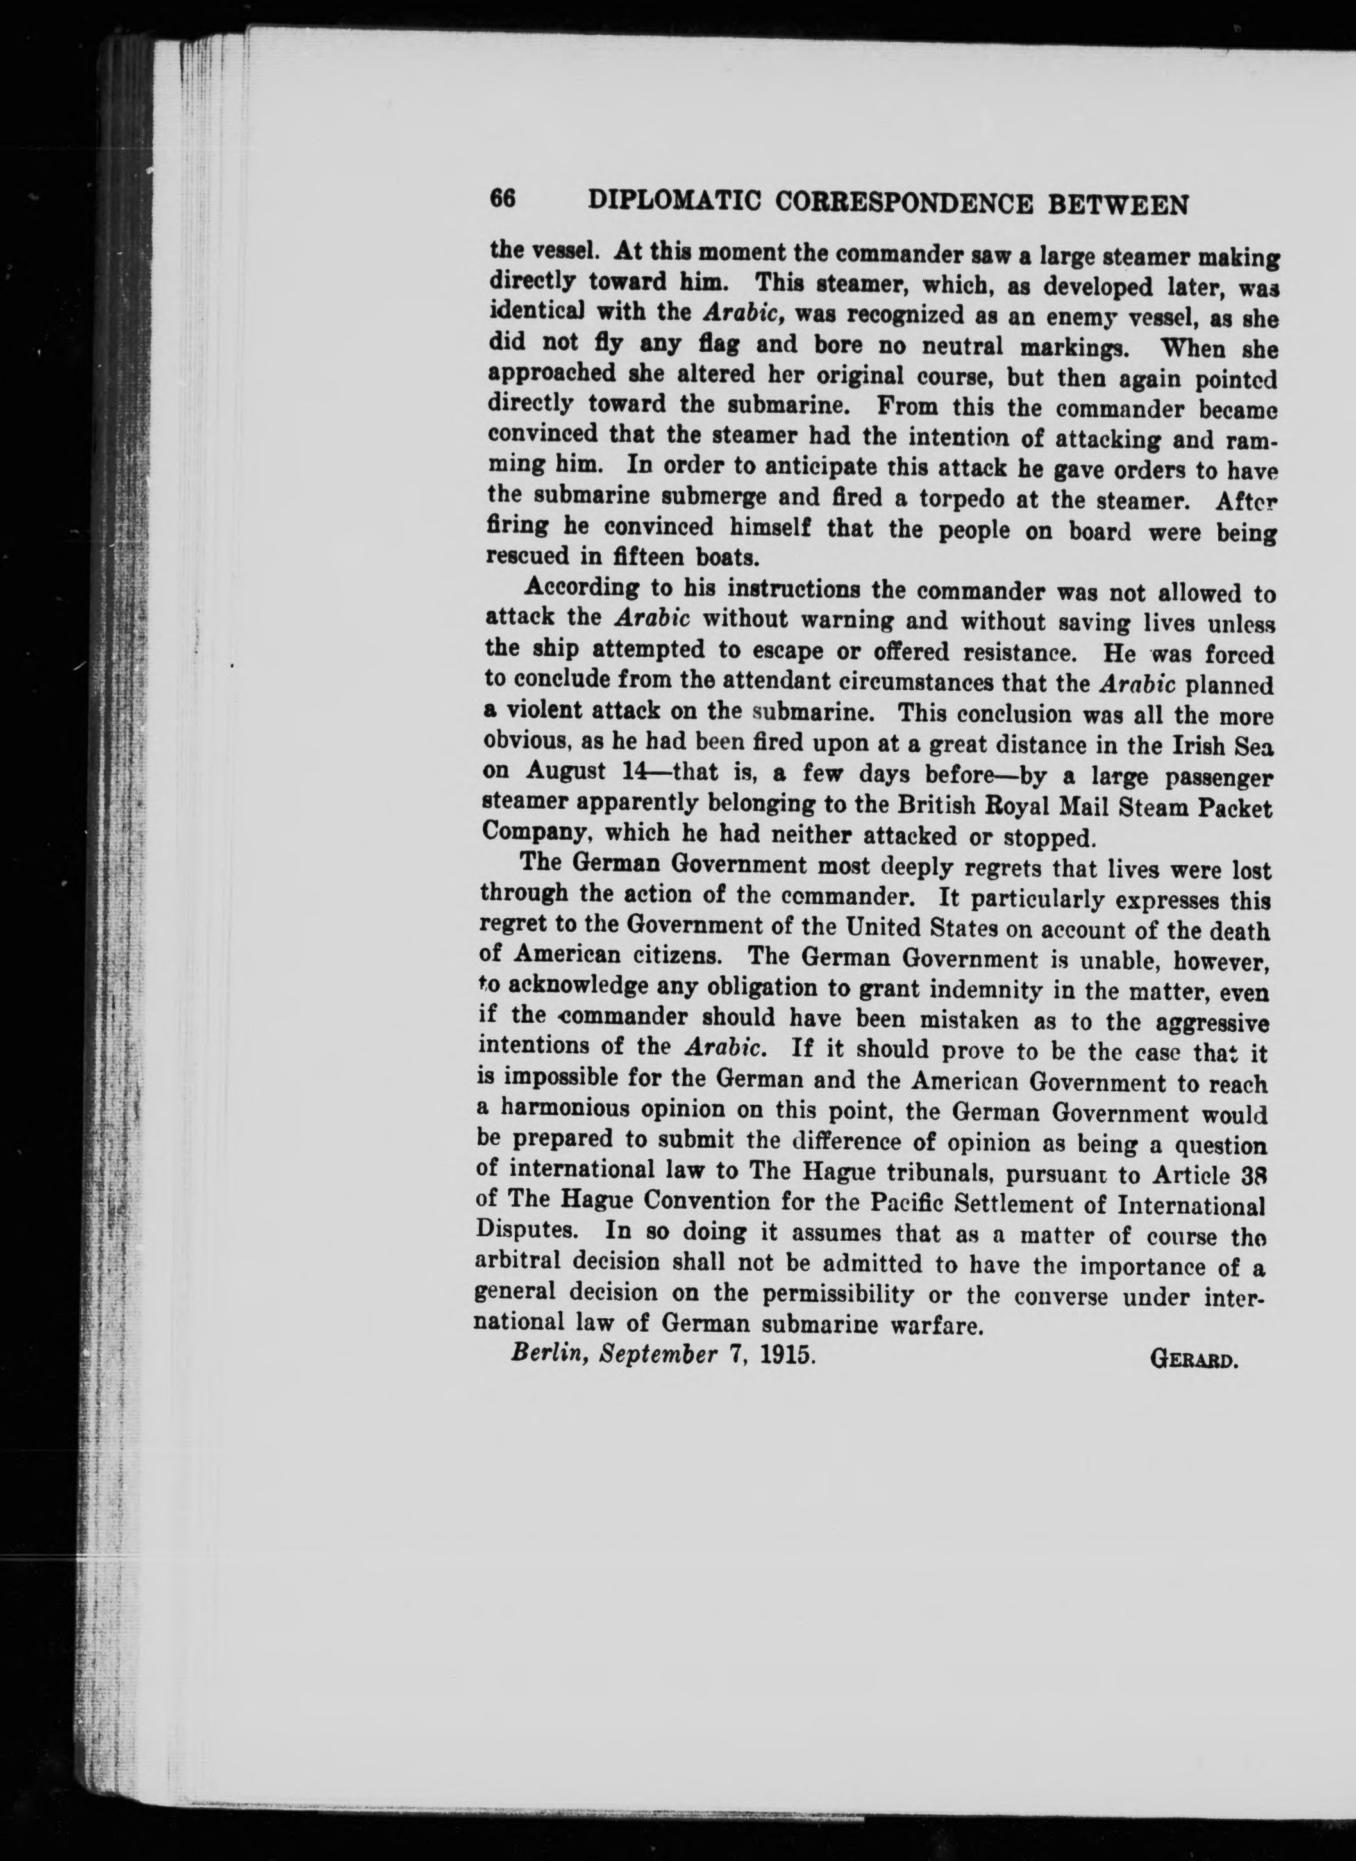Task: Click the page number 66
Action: point(501,199)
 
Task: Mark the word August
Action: point(566,772)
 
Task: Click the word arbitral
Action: point(518,1261)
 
